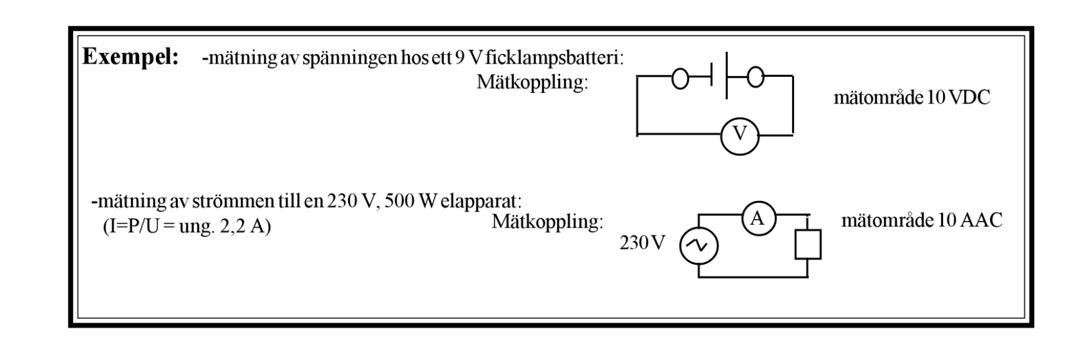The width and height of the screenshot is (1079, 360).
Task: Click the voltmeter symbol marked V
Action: click(740, 135)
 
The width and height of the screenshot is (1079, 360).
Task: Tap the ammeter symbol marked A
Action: click(757, 218)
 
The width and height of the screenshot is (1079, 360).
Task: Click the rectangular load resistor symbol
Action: click(808, 244)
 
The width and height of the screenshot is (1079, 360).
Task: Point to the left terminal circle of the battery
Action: click(681, 77)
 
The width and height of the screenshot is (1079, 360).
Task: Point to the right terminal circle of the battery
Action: click(756, 77)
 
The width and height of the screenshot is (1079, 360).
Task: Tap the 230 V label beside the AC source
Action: click(642, 243)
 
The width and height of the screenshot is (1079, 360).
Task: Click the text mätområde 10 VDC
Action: click(911, 98)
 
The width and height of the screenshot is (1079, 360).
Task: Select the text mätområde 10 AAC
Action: click(921, 220)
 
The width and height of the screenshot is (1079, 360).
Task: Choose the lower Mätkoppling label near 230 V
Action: click(547, 222)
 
